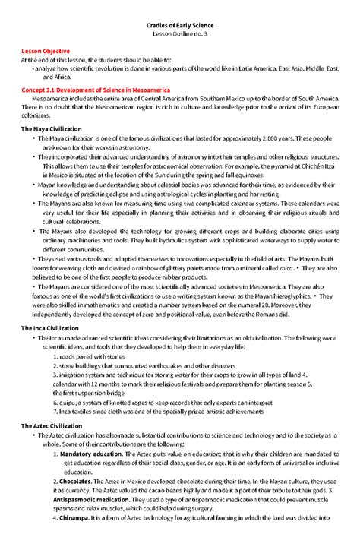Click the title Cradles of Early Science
pyautogui.click(x=180, y=26)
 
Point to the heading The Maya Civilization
pyautogui.click(x=56, y=129)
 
